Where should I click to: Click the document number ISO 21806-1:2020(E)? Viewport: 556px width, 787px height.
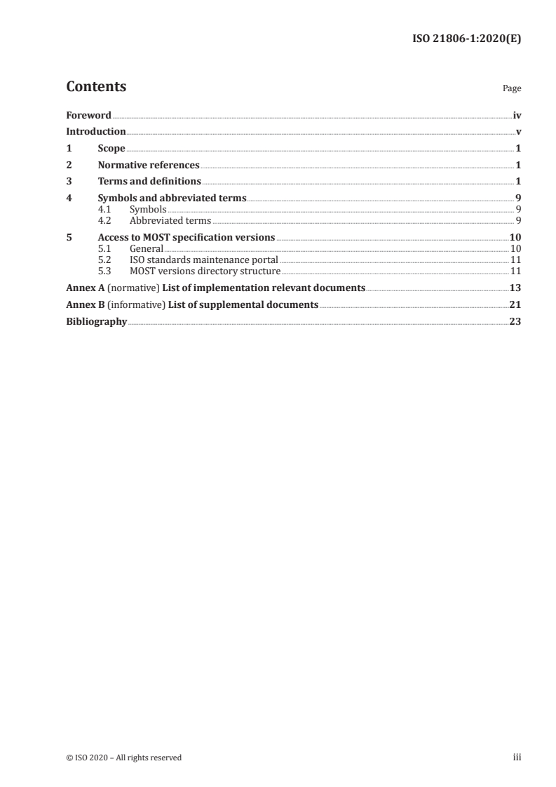[x=465, y=39]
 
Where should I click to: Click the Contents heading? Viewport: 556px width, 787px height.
[x=96, y=87]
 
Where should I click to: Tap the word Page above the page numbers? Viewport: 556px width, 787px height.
[x=512, y=88]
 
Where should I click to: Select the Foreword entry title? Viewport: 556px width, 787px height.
[x=88, y=115]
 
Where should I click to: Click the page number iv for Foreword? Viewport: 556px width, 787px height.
[x=517, y=115]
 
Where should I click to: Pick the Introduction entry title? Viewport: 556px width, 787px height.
[x=95, y=131]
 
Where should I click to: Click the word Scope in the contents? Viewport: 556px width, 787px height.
[x=111, y=148]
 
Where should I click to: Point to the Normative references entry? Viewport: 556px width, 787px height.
[x=149, y=165]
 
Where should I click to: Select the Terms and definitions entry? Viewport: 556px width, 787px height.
[x=149, y=182]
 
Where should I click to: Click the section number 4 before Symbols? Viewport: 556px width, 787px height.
[x=69, y=199]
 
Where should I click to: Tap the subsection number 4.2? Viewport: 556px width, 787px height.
[x=105, y=220]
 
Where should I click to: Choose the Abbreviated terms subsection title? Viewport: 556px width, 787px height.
[x=170, y=220]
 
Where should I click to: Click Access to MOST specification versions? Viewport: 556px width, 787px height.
[x=187, y=237]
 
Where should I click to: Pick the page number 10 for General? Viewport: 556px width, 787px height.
[x=515, y=248]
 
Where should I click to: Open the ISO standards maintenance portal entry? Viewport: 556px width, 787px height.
[x=204, y=260]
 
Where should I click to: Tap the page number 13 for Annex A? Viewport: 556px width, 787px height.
[x=515, y=288]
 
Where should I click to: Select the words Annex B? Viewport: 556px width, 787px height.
[x=81, y=304]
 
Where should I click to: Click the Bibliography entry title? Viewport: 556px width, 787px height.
[x=96, y=321]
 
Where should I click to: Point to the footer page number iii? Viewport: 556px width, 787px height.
[x=517, y=758]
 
